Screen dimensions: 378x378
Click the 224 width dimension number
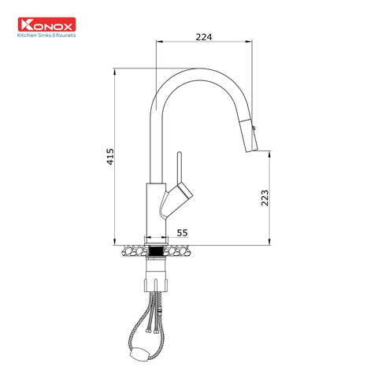(205, 36)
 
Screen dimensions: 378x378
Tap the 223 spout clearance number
(265, 198)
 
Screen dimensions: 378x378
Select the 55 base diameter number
(182, 232)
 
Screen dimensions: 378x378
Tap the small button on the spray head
(254, 125)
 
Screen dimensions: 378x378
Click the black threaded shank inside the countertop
(155, 252)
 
